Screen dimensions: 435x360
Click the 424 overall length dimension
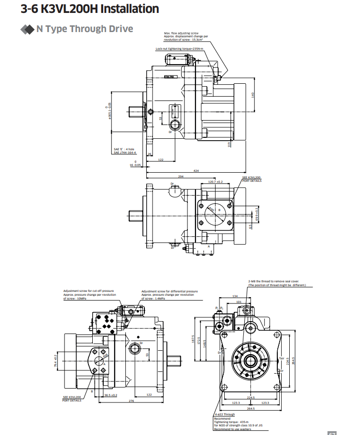click(196, 170)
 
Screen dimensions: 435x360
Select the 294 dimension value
click(180, 177)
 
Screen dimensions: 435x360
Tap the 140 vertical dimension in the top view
click(253, 94)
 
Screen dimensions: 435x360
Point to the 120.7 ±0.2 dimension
click(216, 182)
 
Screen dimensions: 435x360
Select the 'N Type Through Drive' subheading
click(85, 29)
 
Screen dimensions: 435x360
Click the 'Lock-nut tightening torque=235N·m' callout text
click(179, 49)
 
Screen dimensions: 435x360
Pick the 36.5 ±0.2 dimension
click(111, 395)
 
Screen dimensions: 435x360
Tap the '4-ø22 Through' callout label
click(225, 414)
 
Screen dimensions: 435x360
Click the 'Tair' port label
click(282, 358)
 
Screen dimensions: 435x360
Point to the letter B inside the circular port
click(219, 210)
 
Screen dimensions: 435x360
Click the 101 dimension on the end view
click(239, 302)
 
